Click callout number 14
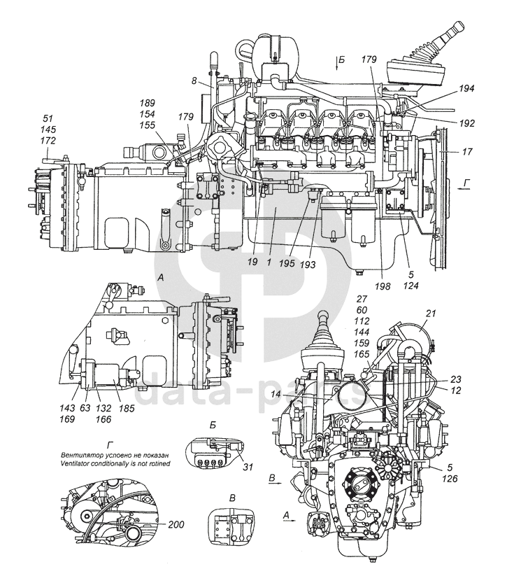(297, 395)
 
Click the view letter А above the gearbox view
(162, 278)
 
